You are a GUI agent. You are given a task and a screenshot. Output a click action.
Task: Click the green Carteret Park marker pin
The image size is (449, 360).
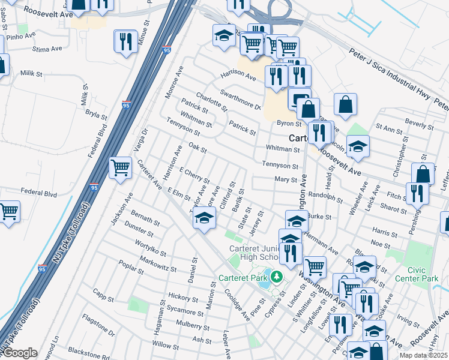276,277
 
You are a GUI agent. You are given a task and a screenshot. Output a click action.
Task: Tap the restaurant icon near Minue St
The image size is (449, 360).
125,41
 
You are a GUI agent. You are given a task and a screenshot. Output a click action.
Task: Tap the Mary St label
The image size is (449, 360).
286,179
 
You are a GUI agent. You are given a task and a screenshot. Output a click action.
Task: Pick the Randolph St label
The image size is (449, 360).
324,197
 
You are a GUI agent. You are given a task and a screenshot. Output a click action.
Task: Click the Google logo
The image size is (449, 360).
20,353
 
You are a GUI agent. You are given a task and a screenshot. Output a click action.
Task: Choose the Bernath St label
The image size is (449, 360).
144,218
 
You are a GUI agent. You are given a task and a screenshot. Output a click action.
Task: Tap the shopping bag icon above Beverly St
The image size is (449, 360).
346,105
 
